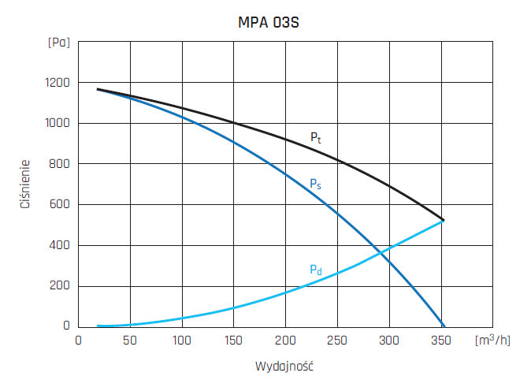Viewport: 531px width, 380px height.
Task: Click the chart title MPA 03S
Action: click(269, 23)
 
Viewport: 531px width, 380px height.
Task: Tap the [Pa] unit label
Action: click(58, 43)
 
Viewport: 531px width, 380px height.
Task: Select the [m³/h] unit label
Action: click(494, 340)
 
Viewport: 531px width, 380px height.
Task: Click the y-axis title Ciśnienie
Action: click(26, 184)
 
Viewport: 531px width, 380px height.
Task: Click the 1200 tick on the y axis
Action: click(57, 83)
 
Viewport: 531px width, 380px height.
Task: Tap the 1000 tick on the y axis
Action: click(57, 124)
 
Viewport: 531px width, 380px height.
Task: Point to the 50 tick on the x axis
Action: click(130, 340)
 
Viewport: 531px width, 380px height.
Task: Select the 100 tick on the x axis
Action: click(182, 340)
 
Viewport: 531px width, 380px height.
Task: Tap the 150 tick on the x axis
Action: click(233, 340)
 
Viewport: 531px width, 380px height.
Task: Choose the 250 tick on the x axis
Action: click(337, 340)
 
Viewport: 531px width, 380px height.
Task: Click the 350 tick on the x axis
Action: click(440, 340)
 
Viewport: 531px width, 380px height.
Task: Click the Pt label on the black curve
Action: click(315, 137)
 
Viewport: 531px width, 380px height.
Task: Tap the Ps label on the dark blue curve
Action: click(315, 184)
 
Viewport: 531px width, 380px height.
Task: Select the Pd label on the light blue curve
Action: click(315, 270)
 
